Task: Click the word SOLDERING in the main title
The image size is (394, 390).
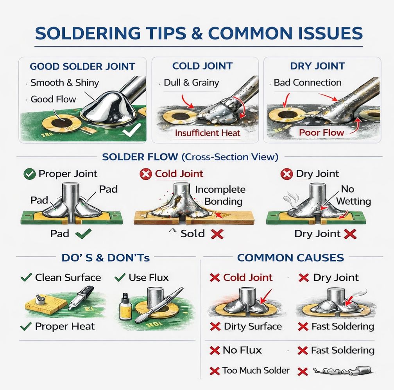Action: (88, 33)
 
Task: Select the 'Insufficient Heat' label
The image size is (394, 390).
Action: (208, 133)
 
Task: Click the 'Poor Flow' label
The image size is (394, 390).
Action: (321, 132)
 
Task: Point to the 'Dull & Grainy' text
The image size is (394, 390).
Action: (191, 83)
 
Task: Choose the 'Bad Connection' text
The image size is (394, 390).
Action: (307, 82)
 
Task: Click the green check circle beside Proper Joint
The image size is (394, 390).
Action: (29, 174)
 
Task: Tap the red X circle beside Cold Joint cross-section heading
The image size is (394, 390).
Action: (146, 174)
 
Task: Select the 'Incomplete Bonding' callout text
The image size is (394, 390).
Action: (220, 195)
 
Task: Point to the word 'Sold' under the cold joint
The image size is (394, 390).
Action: (192, 234)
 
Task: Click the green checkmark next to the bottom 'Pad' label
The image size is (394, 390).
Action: (83, 234)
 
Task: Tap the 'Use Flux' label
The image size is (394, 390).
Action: (149, 277)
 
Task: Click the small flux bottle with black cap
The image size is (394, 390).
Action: (125, 307)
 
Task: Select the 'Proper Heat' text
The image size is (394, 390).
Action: (65, 326)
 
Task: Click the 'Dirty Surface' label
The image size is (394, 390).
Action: (253, 326)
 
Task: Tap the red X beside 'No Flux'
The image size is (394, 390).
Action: (215, 350)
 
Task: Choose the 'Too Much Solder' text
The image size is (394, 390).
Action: (256, 370)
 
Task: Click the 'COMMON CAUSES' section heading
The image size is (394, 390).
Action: (290, 258)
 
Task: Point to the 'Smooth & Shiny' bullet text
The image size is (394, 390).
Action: (64, 83)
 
